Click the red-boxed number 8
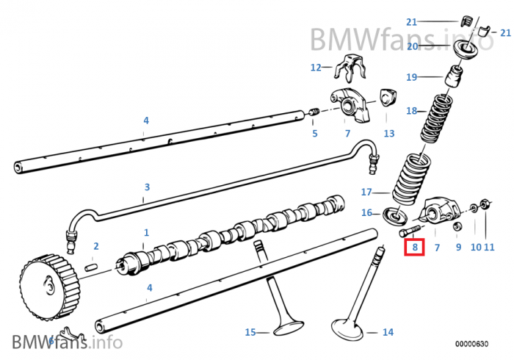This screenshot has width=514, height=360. pos(415,248)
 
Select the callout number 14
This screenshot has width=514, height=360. pos(388,332)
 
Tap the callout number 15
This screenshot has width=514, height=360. pos(250,332)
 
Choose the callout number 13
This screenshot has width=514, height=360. pos(388,133)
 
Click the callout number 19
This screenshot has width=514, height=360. pos(411,76)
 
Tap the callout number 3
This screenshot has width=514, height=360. pos(147,187)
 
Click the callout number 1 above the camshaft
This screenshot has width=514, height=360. pos(145,232)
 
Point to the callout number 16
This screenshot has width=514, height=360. pos(366,213)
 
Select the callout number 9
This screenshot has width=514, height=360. pos(458,248)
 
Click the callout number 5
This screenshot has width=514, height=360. pos(315,133)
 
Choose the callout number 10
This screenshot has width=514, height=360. pos(476,248)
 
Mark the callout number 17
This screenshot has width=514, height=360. pos(366,192)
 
